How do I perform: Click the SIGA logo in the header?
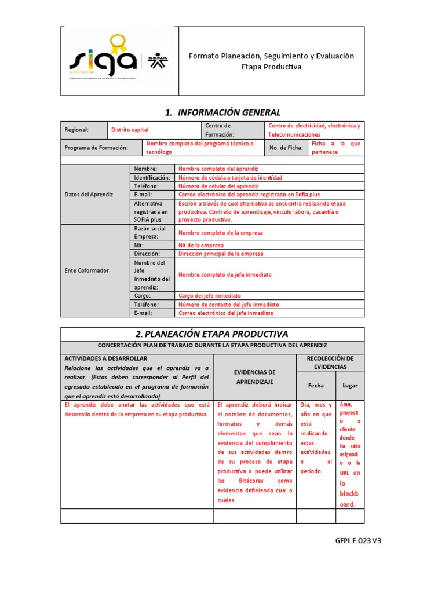pyautogui.click(x=103, y=59)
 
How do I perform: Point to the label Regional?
pyautogui.click(x=76, y=130)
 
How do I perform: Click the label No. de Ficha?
pyautogui.click(x=286, y=148)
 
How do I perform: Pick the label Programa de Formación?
pyautogui.click(x=96, y=148)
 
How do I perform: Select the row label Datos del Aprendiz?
pyautogui.click(x=89, y=195)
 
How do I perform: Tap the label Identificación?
pyautogui.click(x=152, y=177)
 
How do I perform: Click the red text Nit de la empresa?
pyautogui.click(x=201, y=245)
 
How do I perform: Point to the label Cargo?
pyautogui.click(x=143, y=295)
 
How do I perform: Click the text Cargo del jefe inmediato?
pyautogui.click(x=210, y=295)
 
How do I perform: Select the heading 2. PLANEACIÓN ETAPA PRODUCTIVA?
pyautogui.click(x=211, y=334)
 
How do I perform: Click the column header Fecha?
pyautogui.click(x=316, y=385)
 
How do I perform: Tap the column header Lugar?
pyautogui.click(x=350, y=385)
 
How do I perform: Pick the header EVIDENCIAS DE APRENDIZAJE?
pyautogui.click(x=254, y=377)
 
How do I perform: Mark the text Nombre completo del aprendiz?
pyautogui.click(x=214, y=168)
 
